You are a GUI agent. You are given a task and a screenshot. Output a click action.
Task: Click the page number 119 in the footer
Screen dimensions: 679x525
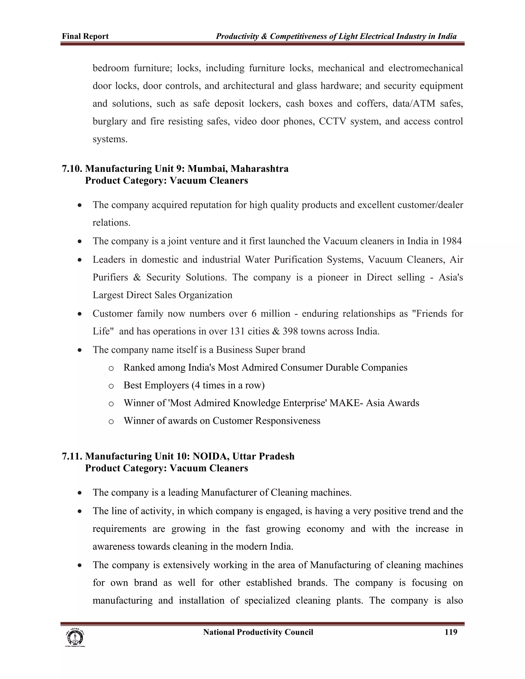pos(451,632)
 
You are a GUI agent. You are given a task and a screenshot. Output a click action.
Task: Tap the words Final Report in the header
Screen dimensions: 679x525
pos(85,36)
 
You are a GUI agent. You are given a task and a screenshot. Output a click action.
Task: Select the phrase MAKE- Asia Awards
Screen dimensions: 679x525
pos(374,403)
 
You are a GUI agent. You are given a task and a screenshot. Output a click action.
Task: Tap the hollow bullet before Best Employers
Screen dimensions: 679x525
pos(111,386)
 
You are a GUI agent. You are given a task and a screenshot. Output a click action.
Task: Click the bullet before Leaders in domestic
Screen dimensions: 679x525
pos(80,260)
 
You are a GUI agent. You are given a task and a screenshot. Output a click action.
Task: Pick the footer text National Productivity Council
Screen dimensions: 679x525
pos(258,632)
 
